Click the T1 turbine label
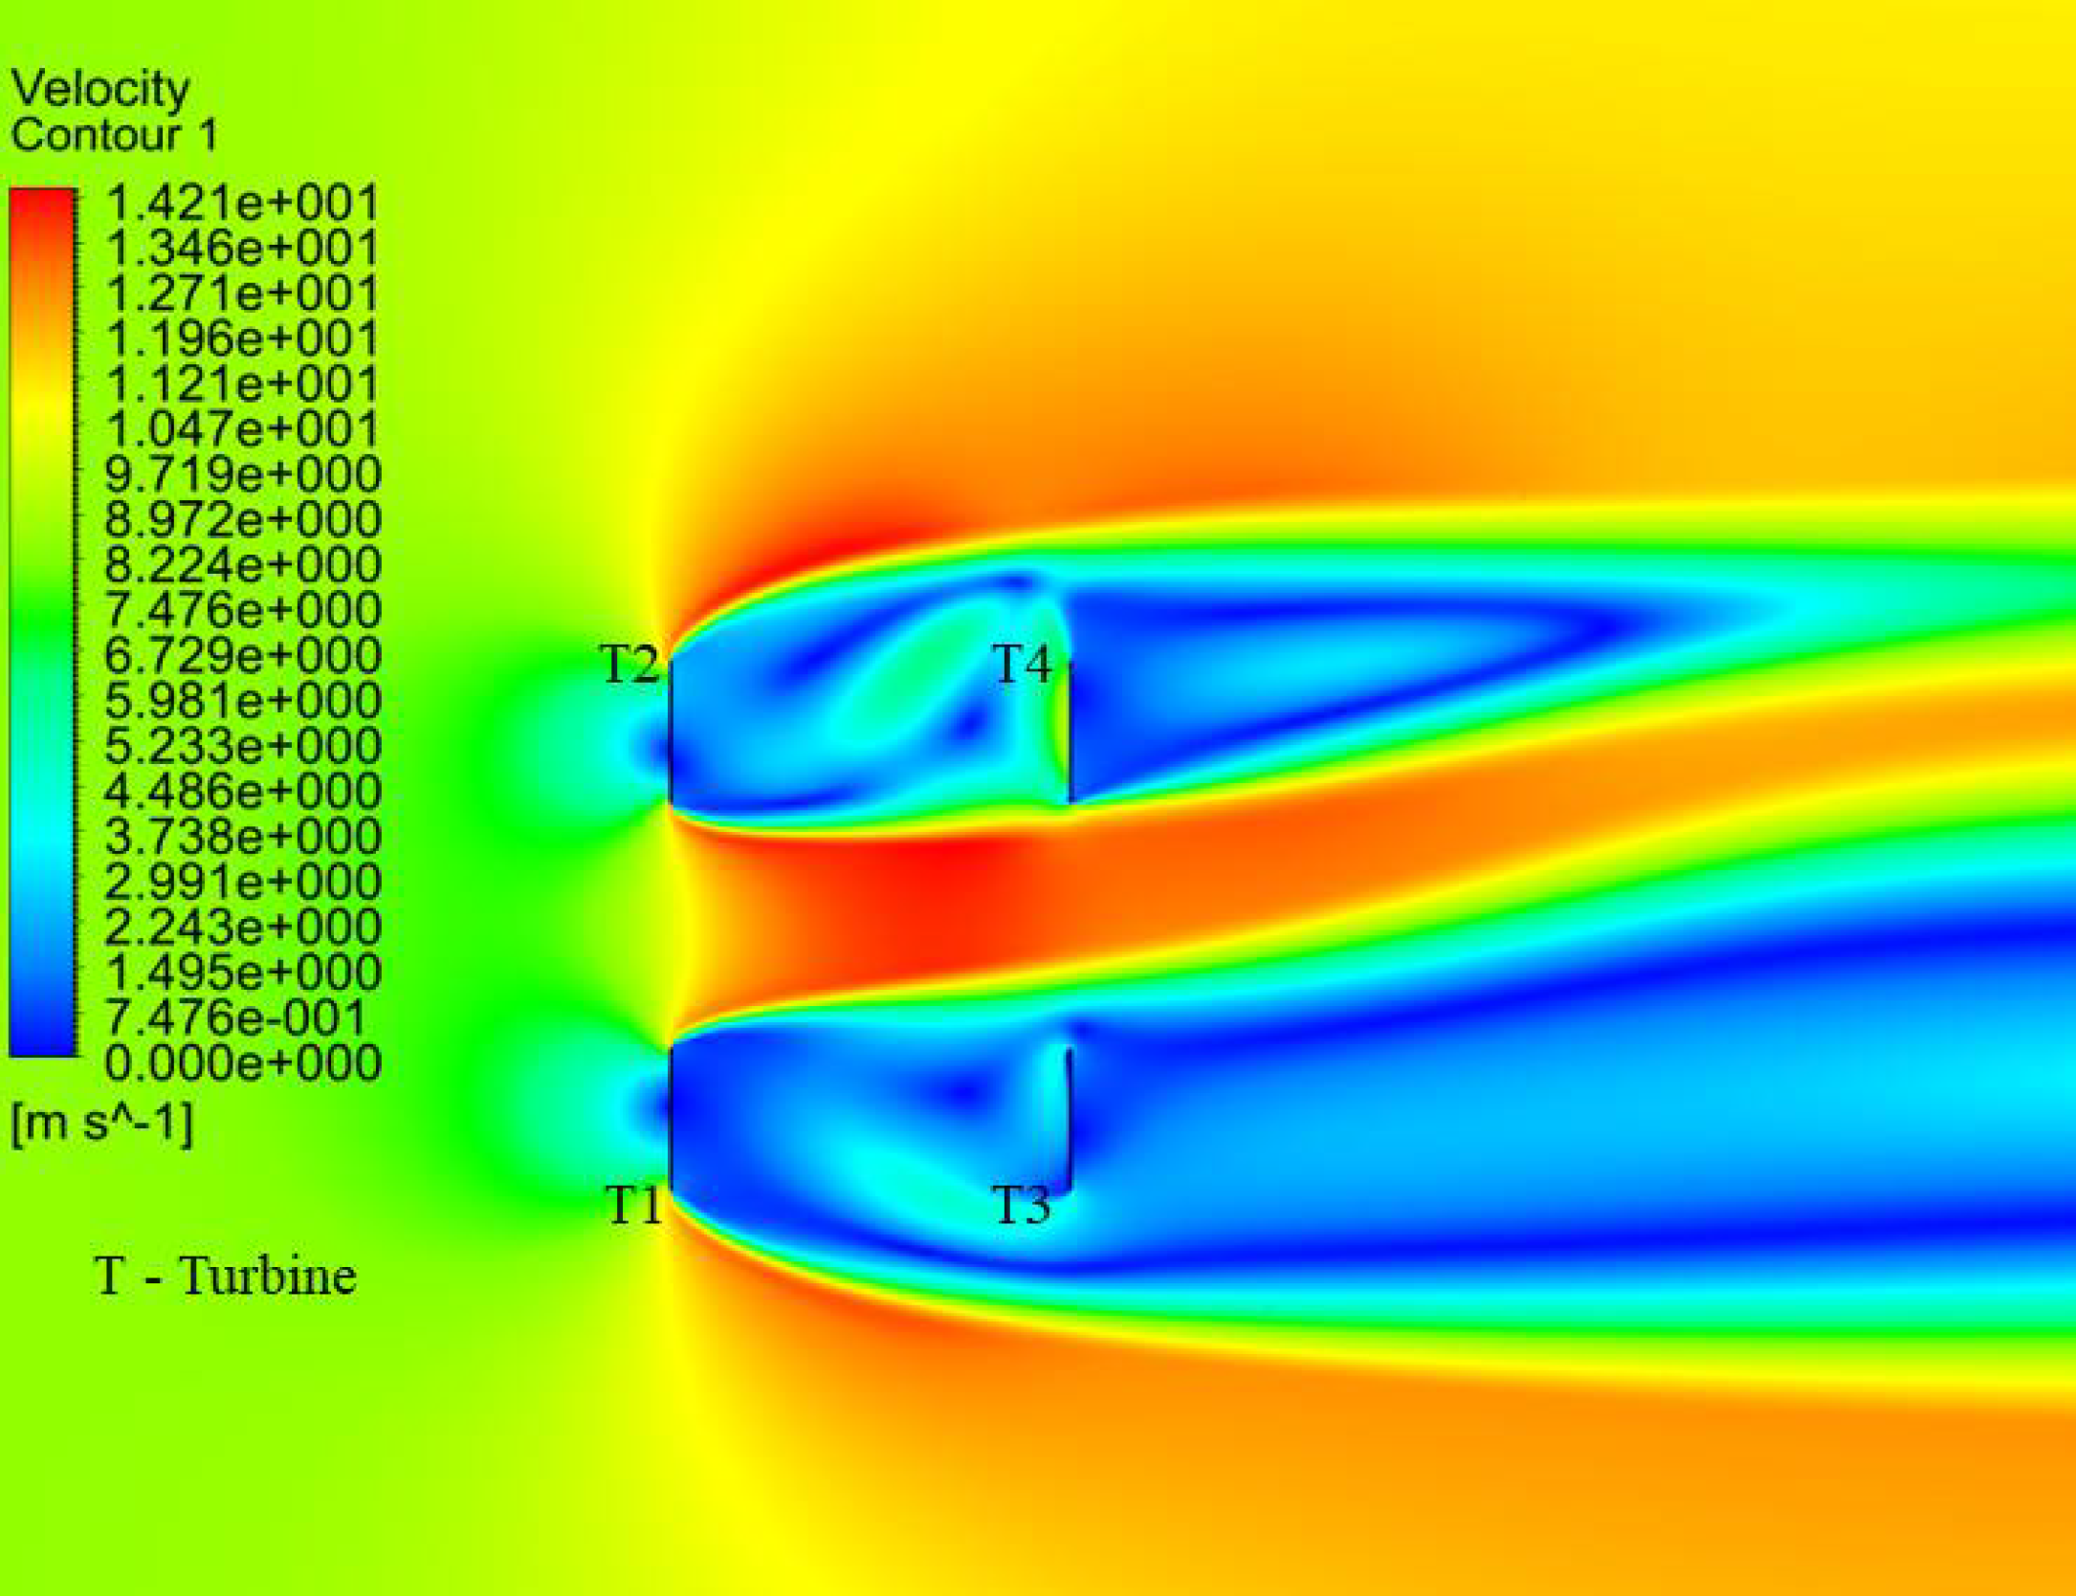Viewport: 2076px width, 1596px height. (634, 1205)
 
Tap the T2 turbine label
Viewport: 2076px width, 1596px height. (629, 664)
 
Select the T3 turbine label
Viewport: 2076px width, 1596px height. (1021, 1205)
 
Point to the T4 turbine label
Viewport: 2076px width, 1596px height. (1022, 664)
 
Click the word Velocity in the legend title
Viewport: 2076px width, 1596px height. (99, 90)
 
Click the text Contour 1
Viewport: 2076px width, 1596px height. (113, 135)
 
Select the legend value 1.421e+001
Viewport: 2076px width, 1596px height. (242, 204)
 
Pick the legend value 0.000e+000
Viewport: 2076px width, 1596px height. (242, 1062)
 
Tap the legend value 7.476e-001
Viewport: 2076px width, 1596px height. (235, 1017)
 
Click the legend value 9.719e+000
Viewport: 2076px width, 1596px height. (242, 474)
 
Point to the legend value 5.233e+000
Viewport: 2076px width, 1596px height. (242, 746)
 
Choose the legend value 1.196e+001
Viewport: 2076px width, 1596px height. (242, 339)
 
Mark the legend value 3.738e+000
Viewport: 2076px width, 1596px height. (242, 837)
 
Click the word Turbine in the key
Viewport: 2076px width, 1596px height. (267, 1277)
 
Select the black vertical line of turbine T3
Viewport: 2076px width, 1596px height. (1069, 1119)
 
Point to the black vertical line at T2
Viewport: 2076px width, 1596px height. (670, 732)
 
